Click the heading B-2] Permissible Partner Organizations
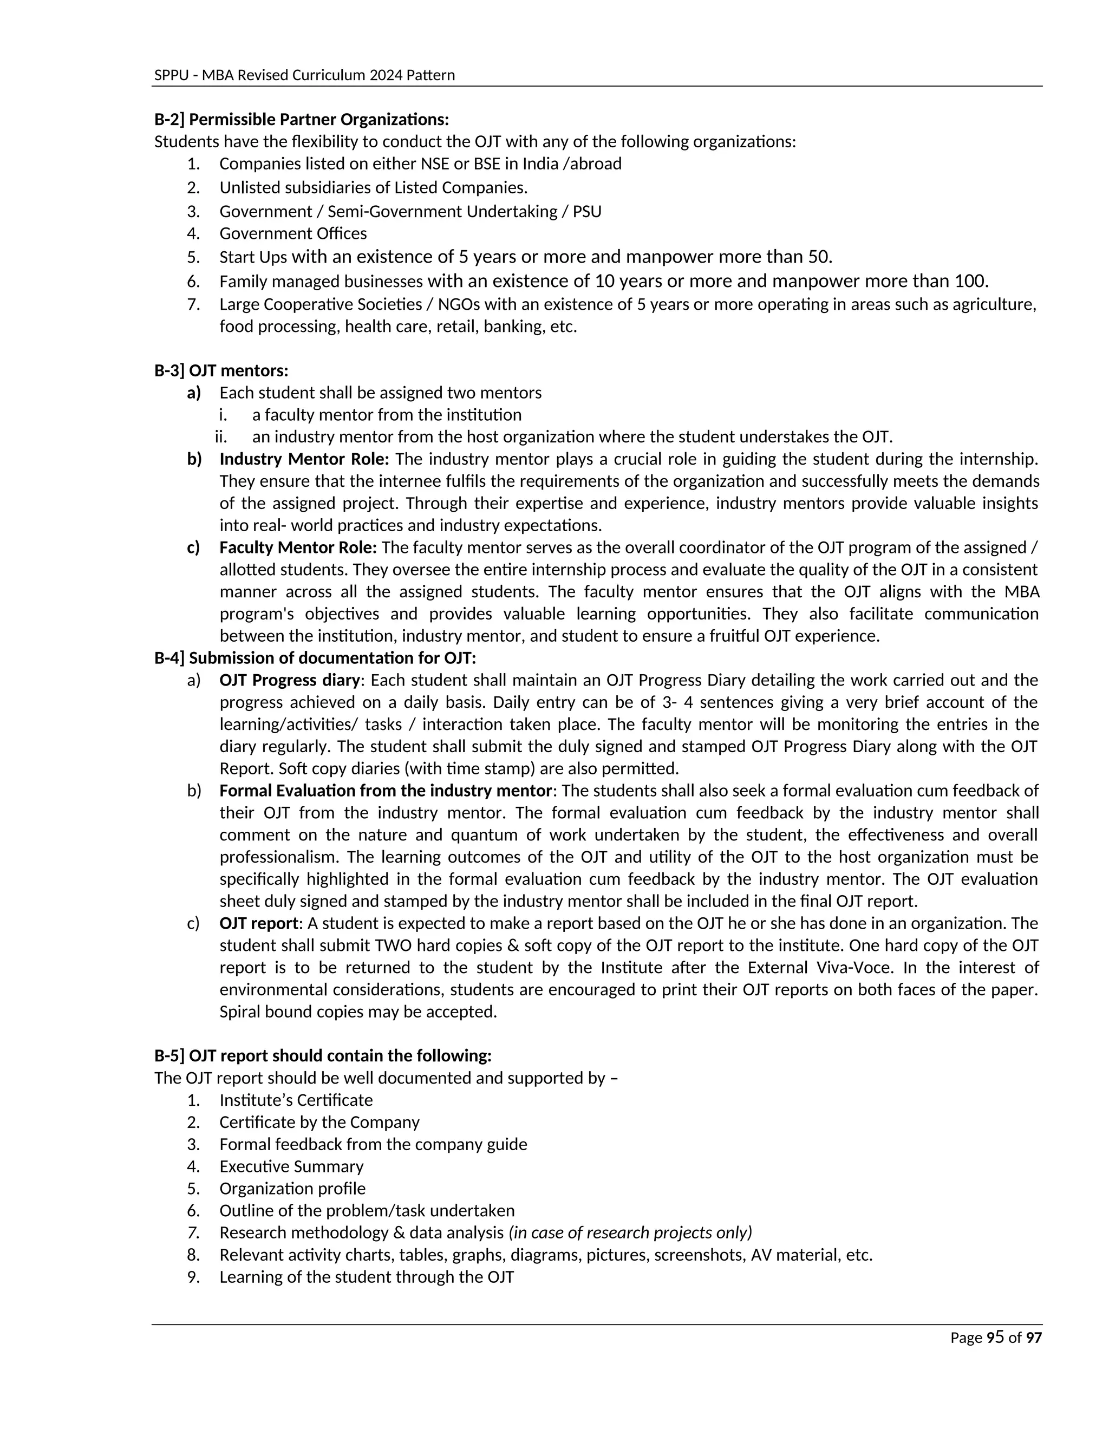(x=302, y=120)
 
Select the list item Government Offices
(x=293, y=233)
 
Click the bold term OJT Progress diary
(x=290, y=680)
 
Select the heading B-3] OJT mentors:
(x=221, y=370)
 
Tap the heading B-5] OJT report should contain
(x=323, y=1056)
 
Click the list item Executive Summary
(x=291, y=1166)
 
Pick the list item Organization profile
(x=292, y=1189)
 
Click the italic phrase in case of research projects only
(x=631, y=1232)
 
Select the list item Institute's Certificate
(x=296, y=1100)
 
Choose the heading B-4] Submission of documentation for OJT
(x=315, y=658)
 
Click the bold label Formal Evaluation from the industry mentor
(x=385, y=791)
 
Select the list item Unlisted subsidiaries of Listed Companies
(x=373, y=188)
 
